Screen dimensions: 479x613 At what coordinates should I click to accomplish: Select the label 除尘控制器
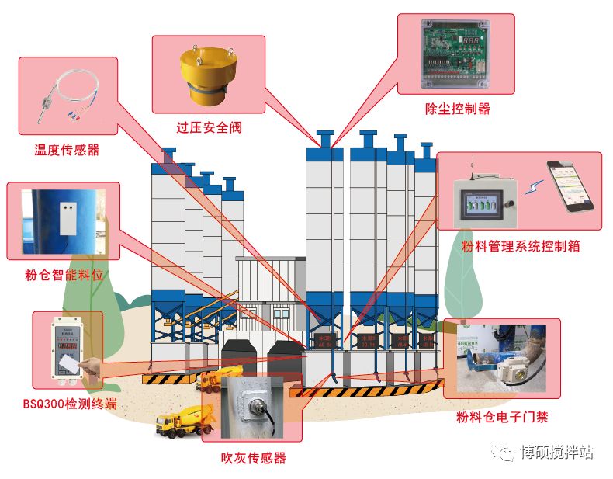click(x=458, y=108)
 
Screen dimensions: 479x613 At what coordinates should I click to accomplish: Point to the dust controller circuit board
click(x=457, y=54)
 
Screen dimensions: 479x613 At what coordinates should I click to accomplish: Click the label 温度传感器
click(x=67, y=150)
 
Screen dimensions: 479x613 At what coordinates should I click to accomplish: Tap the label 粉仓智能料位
click(x=64, y=275)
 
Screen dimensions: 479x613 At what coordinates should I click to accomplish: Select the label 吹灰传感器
click(x=254, y=458)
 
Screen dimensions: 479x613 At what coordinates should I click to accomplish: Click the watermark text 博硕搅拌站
click(x=557, y=452)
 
